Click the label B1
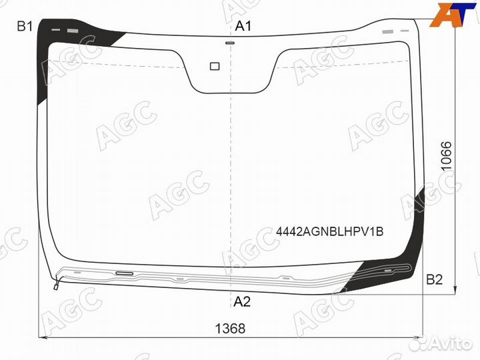click(25, 26)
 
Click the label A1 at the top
click(243, 26)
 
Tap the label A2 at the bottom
click(242, 302)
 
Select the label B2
click(435, 279)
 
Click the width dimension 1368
click(230, 329)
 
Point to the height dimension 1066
click(447, 156)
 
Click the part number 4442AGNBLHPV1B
click(330, 232)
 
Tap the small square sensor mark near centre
click(215, 66)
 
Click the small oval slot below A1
click(230, 43)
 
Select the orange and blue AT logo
click(453, 14)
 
